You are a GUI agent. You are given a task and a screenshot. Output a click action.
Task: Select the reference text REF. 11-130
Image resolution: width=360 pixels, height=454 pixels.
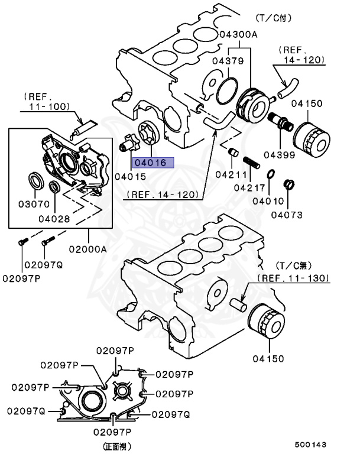pyautogui.click(x=293, y=277)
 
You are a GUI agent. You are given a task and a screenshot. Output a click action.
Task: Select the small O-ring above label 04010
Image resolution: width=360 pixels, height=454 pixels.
pyautogui.click(x=270, y=174)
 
